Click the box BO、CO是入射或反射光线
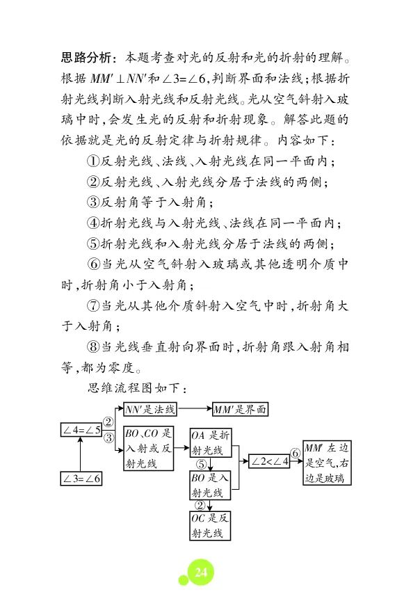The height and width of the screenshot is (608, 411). (x=148, y=449)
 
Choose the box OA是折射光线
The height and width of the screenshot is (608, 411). (x=209, y=442)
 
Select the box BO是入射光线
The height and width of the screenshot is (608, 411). (x=209, y=486)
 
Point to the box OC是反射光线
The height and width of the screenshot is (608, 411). (x=209, y=526)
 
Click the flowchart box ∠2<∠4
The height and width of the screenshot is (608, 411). (x=269, y=461)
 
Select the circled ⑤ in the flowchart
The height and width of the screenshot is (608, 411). (x=200, y=465)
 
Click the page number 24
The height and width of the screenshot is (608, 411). (x=201, y=572)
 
